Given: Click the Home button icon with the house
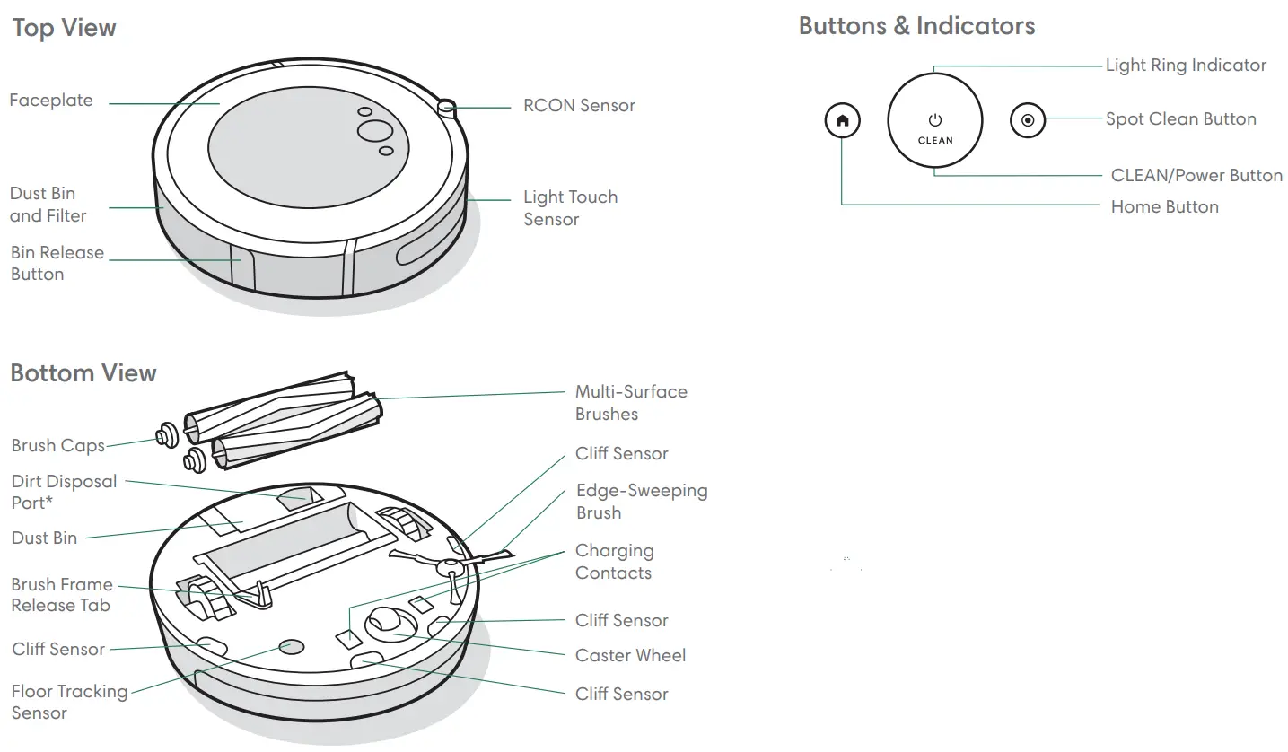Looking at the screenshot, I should [x=842, y=120].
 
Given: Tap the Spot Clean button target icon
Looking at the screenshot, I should [x=1028, y=120].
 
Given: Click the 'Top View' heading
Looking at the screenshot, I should [x=65, y=28].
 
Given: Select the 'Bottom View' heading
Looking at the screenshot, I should [x=83, y=372].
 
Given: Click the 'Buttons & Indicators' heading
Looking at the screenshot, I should [x=916, y=26].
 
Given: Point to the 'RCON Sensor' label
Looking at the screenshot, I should [x=579, y=106].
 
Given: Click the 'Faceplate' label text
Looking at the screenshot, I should [x=51, y=101].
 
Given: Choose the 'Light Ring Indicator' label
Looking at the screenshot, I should [x=1186, y=66].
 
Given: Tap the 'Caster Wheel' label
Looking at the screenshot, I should [x=630, y=655].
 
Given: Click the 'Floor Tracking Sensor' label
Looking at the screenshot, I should [x=69, y=702].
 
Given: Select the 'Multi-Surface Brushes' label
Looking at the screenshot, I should [x=631, y=403].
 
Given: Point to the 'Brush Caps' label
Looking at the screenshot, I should [x=57, y=445].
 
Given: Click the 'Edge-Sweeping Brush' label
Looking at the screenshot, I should [x=641, y=502].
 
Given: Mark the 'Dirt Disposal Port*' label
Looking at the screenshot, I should [x=64, y=492].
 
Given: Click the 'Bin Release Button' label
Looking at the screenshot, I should [x=57, y=263].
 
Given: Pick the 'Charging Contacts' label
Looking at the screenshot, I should [x=614, y=562].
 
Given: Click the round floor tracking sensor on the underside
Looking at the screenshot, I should [x=291, y=646].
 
